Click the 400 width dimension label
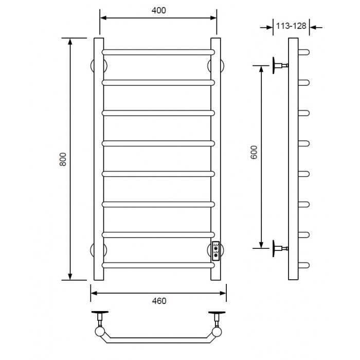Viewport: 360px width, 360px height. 158,10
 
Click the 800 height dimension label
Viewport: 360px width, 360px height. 63,159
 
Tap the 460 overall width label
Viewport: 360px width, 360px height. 159,301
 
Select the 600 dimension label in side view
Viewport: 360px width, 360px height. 254,152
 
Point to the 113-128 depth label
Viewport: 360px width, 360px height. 291,26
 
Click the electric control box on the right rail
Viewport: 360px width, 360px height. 216,251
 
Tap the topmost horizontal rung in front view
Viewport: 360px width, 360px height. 158,52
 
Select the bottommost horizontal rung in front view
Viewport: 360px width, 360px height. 158,265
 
